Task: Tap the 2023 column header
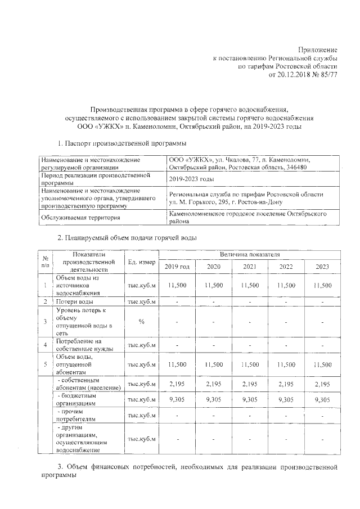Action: tap(322, 267)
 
